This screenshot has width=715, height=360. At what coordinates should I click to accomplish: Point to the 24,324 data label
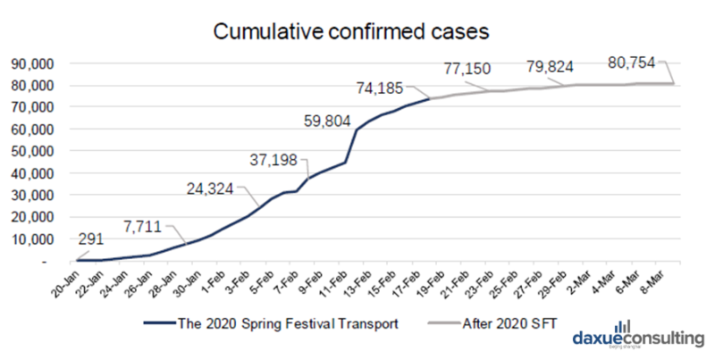[212, 188]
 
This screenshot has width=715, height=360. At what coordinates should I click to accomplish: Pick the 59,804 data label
[323, 120]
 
